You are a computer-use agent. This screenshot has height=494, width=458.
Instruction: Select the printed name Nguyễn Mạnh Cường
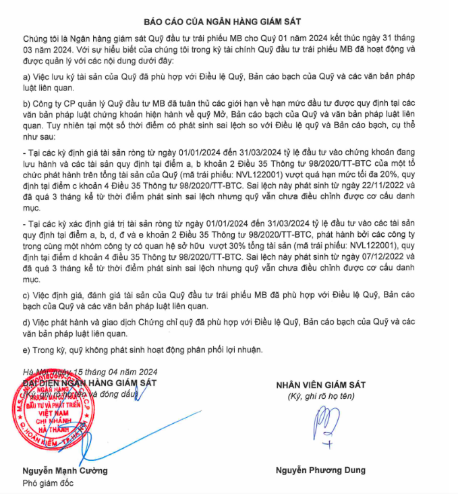coord(64,470)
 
